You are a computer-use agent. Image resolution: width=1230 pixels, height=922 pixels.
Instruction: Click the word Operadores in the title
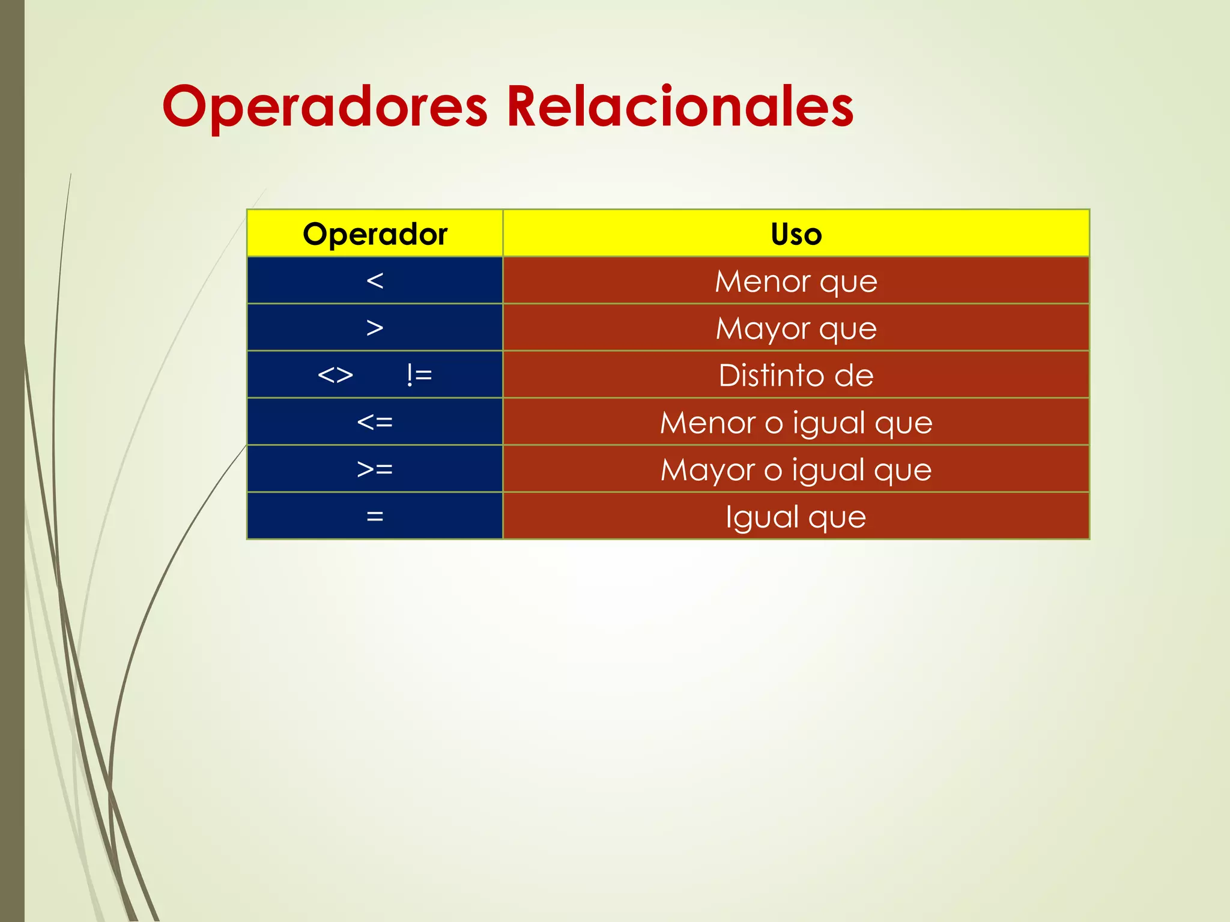pos(325,107)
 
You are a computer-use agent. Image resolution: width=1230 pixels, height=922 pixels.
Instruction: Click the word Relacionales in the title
pos(679,107)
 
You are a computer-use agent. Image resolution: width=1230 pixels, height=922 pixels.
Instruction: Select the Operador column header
pos(375,234)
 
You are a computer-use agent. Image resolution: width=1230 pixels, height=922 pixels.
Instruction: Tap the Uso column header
pos(796,234)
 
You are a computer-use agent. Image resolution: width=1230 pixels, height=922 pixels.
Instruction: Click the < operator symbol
pos(375,280)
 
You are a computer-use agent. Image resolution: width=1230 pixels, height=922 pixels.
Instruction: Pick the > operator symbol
pos(375,328)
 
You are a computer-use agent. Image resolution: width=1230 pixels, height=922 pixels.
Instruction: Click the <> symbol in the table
pos(335,375)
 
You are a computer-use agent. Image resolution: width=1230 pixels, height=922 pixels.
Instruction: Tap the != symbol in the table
pos(419,375)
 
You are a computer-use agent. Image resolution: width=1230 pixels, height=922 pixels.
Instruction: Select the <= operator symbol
pos(375,422)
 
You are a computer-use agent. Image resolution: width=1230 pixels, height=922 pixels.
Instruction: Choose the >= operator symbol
pos(375,469)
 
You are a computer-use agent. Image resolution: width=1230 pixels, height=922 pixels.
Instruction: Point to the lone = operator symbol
pos(375,516)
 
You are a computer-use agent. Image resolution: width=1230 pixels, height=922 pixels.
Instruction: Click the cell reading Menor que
pos(796,281)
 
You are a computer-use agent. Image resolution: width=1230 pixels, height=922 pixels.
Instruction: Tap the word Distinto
pos(771,375)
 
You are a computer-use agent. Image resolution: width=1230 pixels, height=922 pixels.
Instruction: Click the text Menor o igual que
pos(796,423)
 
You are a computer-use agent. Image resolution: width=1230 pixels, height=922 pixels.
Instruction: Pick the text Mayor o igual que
pos(796,469)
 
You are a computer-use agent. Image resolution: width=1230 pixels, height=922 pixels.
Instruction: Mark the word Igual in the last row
pos(761,517)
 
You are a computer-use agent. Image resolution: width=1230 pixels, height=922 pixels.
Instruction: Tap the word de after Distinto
pos(853,375)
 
